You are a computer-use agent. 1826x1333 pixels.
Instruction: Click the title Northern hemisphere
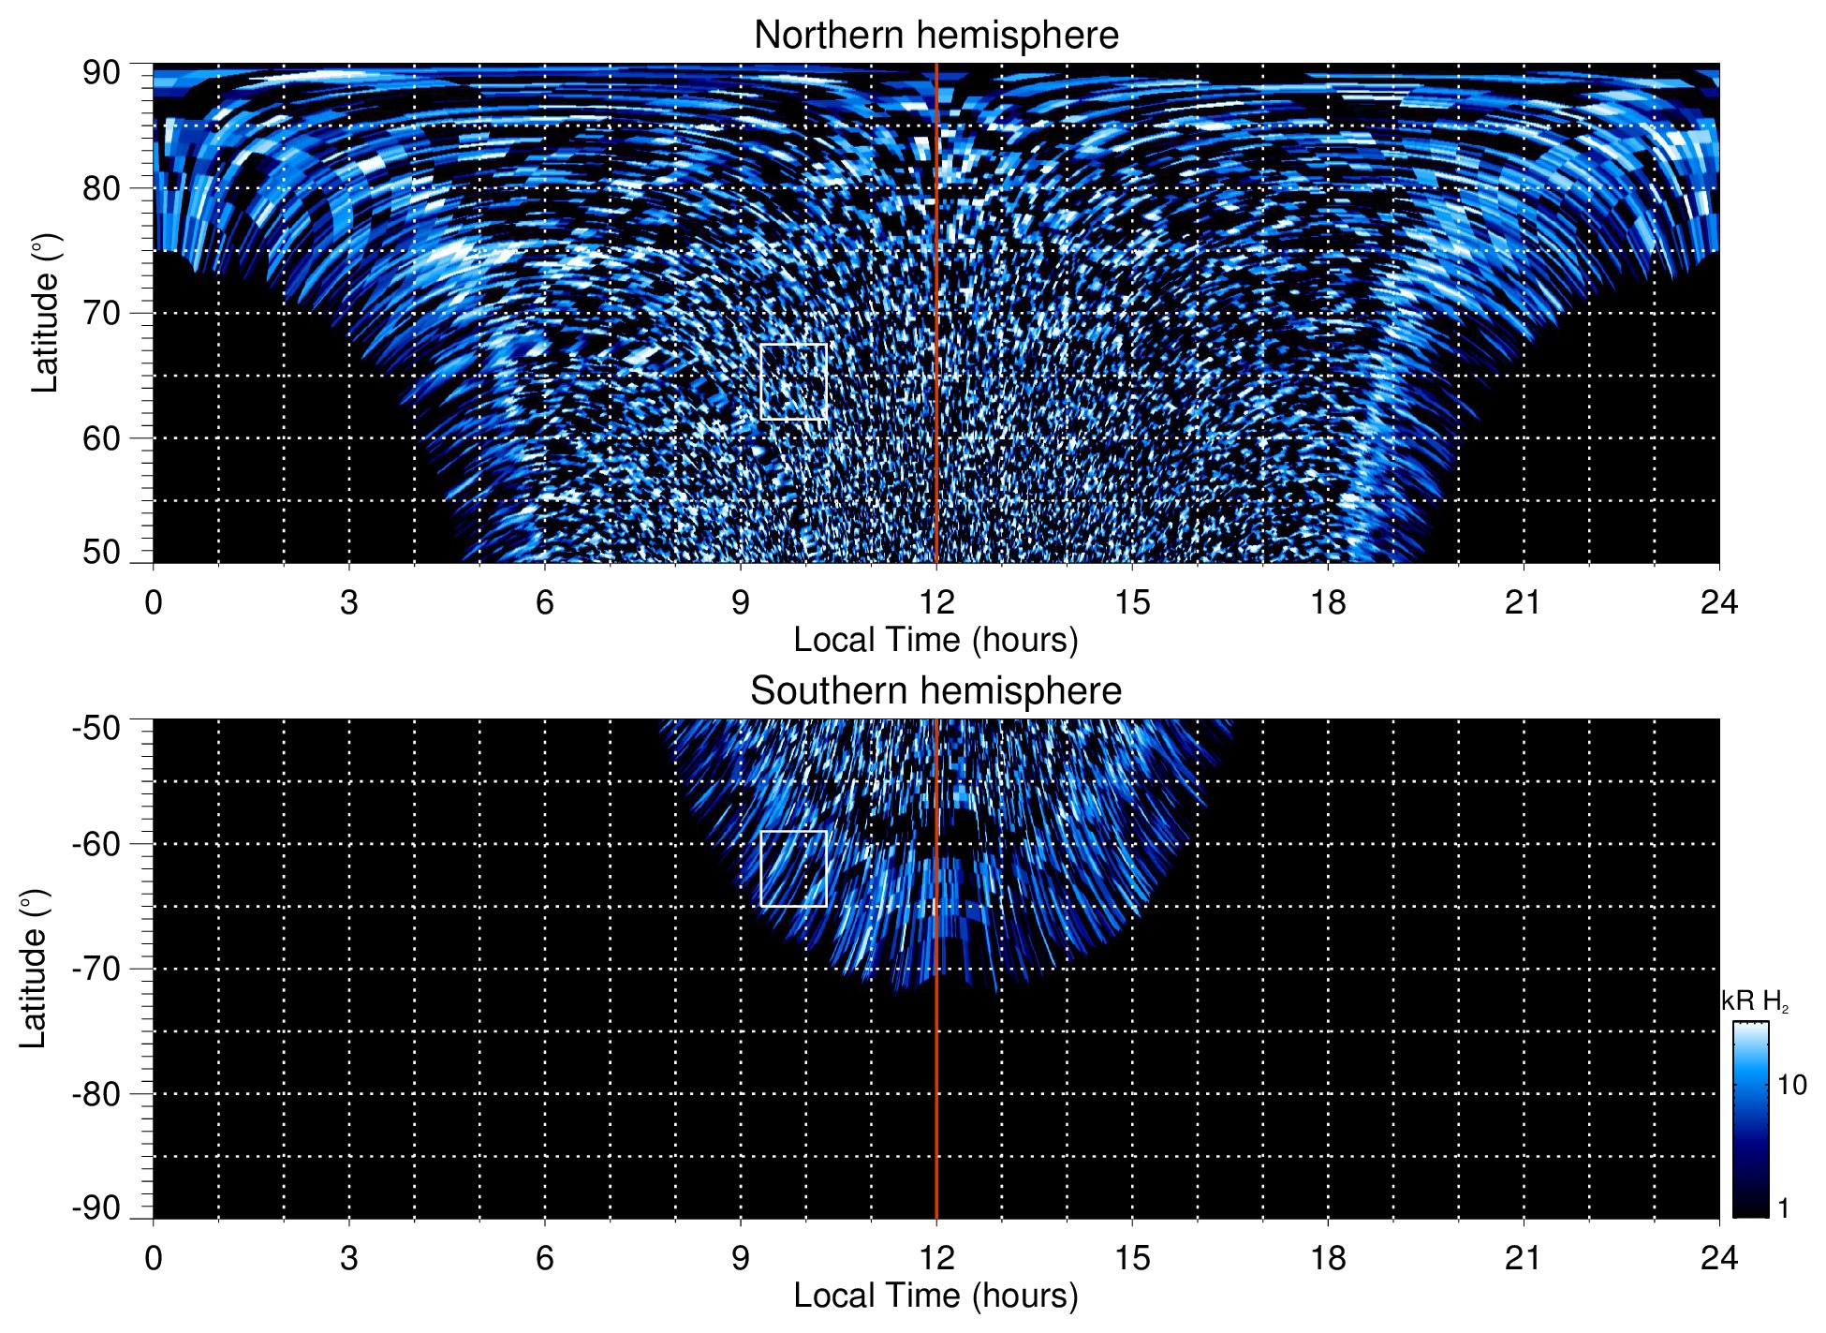935,36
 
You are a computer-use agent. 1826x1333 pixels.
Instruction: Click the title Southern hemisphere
935,691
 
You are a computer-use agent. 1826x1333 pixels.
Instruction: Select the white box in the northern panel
793,381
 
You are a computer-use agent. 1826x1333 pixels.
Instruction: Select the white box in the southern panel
793,868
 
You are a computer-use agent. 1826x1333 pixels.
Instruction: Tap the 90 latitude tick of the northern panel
101,73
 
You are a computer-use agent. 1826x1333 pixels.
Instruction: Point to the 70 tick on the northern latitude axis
101,313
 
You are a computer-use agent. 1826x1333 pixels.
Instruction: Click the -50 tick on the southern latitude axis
96,728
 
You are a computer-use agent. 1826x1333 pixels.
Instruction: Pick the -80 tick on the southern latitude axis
96,1093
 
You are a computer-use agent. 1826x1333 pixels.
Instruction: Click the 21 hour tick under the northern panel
1523,602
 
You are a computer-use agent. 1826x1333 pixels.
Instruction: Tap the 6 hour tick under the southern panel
545,1258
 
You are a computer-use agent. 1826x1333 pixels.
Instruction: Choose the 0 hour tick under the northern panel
154,602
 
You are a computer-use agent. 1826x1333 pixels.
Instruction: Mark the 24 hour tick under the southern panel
1718,1258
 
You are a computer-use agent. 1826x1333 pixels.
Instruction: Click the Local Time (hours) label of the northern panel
935,640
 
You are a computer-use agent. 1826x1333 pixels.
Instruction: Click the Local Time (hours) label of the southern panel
935,1296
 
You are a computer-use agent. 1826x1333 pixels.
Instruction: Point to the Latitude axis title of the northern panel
45,313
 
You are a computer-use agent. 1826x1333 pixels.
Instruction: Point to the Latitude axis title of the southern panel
34,969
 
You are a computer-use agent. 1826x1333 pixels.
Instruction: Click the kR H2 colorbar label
1755,1001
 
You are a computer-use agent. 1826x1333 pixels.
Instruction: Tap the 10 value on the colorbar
1791,1086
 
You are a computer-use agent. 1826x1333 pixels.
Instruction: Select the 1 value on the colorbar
1783,1208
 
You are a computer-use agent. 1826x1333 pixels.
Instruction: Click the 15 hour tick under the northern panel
1132,602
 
